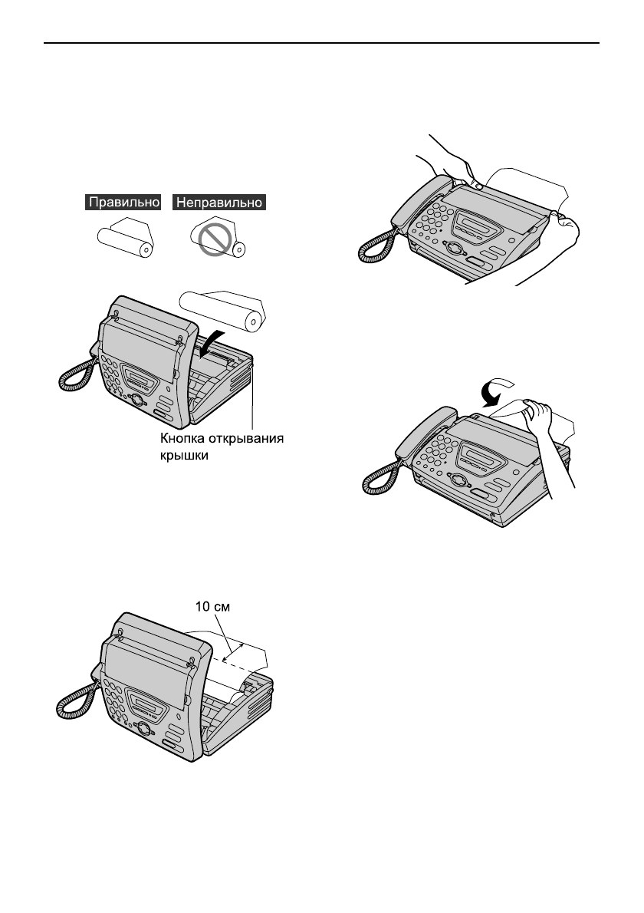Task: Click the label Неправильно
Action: click(x=221, y=203)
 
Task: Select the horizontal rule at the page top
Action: click(x=322, y=44)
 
